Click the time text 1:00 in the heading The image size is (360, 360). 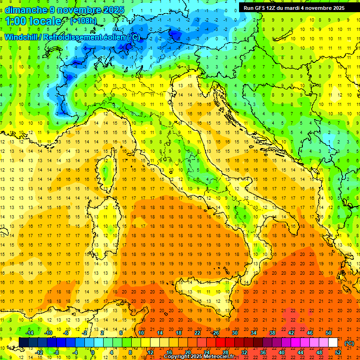(17, 21)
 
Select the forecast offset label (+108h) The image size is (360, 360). (83, 21)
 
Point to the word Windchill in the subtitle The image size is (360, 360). (22, 37)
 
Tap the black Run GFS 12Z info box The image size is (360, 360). (294, 7)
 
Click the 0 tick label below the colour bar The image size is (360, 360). (92, 352)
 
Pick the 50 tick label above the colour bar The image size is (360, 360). (328, 333)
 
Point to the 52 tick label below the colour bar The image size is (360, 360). (337, 352)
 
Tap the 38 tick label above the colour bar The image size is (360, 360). (272, 333)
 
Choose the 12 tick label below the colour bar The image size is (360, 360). (150, 352)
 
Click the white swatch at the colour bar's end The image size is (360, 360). (333, 343)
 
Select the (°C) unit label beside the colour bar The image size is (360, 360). (349, 343)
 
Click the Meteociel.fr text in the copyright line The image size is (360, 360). (219, 357)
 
